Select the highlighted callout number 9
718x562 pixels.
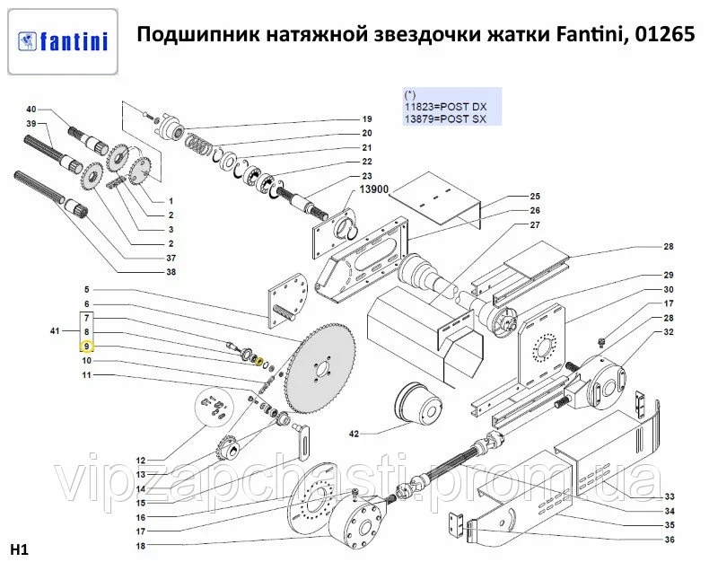(86, 346)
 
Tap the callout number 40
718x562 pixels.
(31, 110)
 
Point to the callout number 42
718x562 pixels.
(354, 435)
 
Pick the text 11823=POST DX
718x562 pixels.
(445, 106)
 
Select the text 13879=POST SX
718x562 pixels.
(445, 119)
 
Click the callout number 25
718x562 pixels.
(535, 197)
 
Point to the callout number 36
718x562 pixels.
(670, 540)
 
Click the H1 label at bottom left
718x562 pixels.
(18, 549)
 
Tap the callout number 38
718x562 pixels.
(171, 272)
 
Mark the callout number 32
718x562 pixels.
(670, 332)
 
